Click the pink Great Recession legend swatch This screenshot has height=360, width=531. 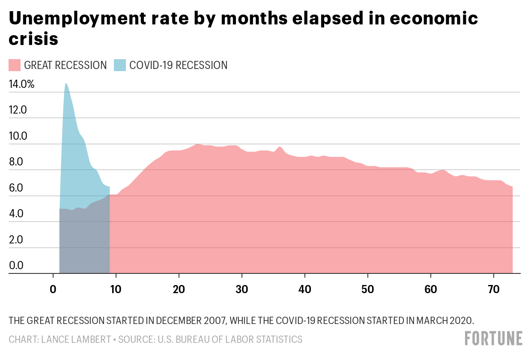point(15,65)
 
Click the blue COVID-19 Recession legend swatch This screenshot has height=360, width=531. point(120,65)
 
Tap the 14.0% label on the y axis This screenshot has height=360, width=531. point(21,84)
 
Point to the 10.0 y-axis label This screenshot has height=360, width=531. point(18,136)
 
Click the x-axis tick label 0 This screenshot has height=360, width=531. point(53,289)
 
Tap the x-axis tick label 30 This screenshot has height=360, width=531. point(242,289)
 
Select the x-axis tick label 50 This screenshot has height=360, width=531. point(368,289)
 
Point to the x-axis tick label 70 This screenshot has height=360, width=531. point(494,289)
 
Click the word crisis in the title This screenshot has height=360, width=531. point(33,39)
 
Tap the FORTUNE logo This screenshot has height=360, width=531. point(493,338)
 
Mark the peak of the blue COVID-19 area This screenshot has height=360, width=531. point(66,84)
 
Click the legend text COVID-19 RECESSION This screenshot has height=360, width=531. point(179,65)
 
